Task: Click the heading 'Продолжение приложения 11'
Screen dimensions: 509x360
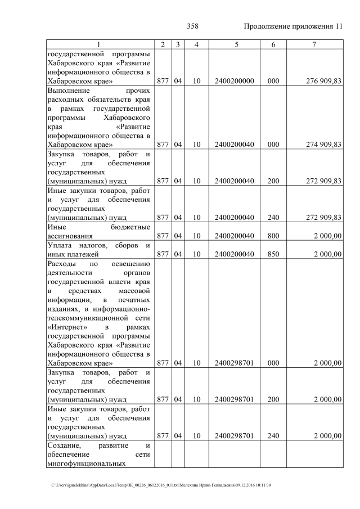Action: [293, 26]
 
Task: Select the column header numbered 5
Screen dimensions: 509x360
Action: [235, 45]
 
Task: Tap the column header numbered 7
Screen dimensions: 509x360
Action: [315, 45]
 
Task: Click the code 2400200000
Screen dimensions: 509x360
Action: [235, 82]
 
